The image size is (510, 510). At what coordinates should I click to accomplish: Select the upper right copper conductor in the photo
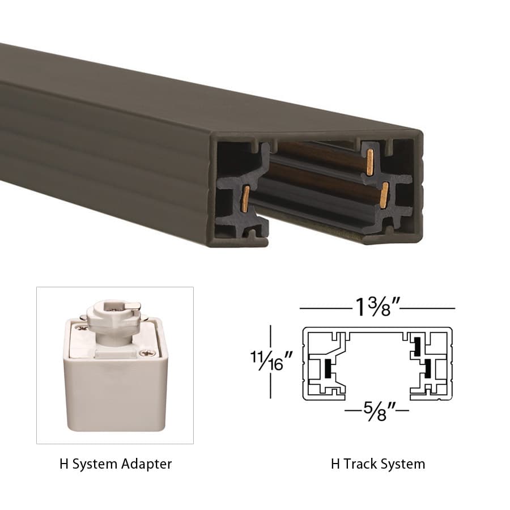370,161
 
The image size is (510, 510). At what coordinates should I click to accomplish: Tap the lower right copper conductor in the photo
384,194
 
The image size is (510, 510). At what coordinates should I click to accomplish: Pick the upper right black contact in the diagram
418,345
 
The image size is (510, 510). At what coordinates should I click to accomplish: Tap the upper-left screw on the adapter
83,328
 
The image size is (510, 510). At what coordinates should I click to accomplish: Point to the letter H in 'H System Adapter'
63,464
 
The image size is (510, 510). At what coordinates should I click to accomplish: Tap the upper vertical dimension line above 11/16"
271,337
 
